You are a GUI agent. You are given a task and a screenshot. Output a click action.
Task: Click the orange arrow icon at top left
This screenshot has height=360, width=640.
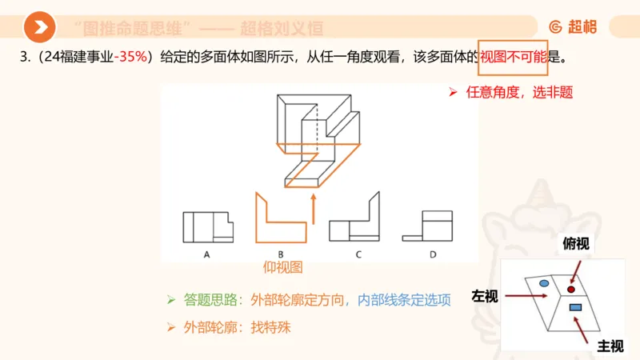click(39, 28)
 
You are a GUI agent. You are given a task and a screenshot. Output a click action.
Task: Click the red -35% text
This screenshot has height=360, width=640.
click(132, 57)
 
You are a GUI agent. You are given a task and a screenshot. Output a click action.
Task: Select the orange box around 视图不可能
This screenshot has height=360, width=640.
click(513, 57)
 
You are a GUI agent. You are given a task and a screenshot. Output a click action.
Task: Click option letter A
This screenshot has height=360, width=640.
click(206, 254)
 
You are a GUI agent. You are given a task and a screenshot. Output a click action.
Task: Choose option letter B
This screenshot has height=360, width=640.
click(280, 254)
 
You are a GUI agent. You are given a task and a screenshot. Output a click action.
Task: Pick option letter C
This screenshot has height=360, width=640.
click(358, 254)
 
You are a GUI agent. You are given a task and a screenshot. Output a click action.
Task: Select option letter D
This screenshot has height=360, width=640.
click(432, 254)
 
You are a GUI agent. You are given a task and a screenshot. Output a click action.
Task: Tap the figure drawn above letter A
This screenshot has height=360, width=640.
click(207, 226)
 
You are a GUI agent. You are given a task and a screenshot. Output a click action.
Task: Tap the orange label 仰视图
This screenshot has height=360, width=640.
click(283, 268)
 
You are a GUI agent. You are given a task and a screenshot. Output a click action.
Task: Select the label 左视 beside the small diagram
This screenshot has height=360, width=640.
click(485, 297)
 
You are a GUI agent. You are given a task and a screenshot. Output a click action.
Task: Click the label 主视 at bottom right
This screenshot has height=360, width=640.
click(610, 346)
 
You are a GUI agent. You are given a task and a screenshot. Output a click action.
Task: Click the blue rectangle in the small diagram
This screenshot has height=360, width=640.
click(575, 307)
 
